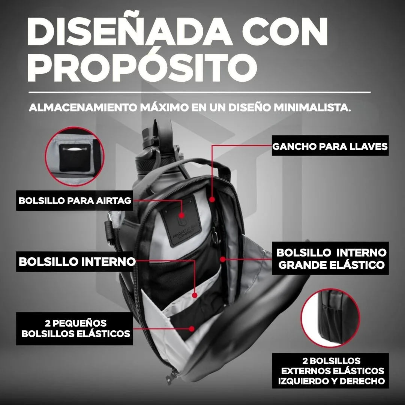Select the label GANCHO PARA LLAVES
pyautogui.click(x=330, y=146)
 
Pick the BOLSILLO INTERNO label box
pyautogui.click(x=77, y=261)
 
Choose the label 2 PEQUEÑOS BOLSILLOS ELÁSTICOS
pyautogui.click(x=75, y=328)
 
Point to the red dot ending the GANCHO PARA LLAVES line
pyautogui.click(x=212, y=200)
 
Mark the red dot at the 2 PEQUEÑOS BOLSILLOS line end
pyautogui.click(x=192, y=328)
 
